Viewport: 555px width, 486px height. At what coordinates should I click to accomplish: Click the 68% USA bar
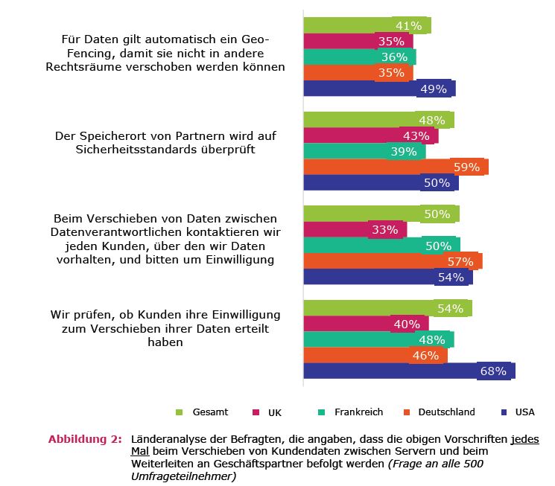[408, 371]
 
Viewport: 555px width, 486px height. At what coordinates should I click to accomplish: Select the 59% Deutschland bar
[395, 167]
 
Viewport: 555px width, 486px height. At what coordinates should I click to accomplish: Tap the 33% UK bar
[355, 229]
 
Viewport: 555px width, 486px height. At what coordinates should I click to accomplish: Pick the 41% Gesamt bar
[367, 25]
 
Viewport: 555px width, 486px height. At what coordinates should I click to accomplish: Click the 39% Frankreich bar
[364, 151]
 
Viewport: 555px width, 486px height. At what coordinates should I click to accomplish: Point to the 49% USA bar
[378, 89]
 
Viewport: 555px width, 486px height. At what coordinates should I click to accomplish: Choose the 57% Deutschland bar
[392, 260]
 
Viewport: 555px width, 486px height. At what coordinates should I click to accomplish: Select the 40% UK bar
[365, 324]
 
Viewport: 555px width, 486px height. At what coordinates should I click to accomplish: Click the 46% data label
[425, 356]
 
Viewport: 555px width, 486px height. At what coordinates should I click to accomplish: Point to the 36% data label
[393, 57]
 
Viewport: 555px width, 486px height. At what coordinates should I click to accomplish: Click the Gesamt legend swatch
[179, 412]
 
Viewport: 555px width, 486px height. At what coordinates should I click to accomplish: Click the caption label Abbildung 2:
[85, 439]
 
